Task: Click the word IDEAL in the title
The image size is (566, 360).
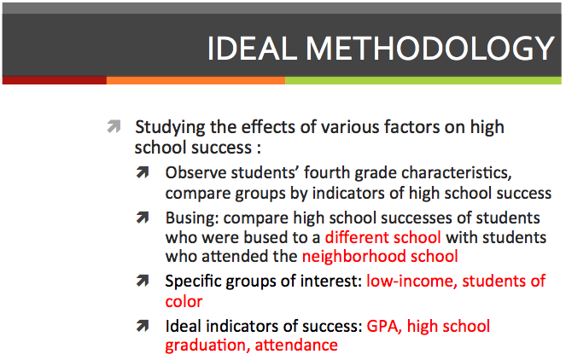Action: [253, 49]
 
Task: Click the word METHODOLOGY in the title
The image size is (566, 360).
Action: [430, 49]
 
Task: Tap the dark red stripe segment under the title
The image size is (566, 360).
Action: [55, 80]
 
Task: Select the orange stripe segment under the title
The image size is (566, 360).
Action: [196, 80]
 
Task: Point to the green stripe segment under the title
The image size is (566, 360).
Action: [423, 80]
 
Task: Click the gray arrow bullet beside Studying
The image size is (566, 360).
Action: [114, 126]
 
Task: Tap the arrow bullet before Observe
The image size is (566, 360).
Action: [143, 172]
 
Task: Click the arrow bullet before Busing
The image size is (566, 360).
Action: [143, 218]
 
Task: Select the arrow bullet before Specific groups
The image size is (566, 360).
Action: [143, 281]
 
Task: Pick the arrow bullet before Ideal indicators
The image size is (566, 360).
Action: [143, 326]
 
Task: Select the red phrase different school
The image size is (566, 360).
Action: [383, 237]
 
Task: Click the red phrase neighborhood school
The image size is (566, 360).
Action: [380, 257]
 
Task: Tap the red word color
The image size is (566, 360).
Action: [184, 301]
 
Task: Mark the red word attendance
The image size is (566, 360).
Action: [296, 345]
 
